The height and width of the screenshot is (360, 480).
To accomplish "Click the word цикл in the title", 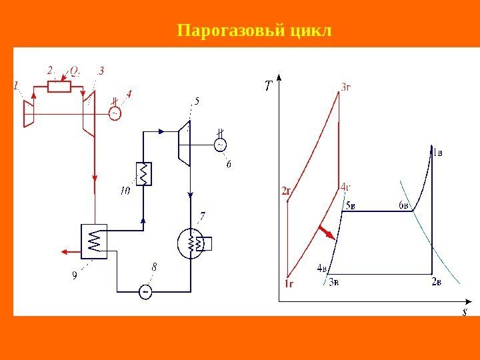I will click(311, 31).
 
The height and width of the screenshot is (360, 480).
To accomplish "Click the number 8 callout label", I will click(155, 267).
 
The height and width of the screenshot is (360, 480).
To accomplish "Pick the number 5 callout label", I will click(197, 101).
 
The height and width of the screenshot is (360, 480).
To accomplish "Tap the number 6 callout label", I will click(229, 164).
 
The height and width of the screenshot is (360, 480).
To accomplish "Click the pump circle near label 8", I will click(145, 291).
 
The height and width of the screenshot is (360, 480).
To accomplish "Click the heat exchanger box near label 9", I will click(94, 240).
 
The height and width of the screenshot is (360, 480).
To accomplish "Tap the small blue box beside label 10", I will click(143, 173).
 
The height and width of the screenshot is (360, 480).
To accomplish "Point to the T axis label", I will click(268, 85).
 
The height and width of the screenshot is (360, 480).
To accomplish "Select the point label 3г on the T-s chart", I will click(347, 86).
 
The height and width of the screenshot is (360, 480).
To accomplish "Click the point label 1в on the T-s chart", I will click(437, 152).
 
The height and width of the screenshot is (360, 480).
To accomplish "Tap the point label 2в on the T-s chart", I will click(436, 282).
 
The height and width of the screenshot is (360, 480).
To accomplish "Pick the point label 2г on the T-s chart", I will click(287, 191).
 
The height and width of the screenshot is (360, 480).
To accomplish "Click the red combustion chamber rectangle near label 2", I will click(59, 86).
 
